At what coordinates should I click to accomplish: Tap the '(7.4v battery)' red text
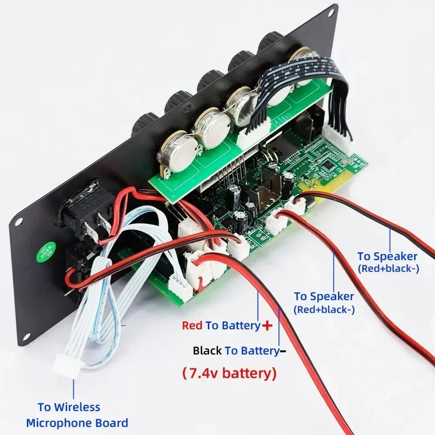(x=229, y=373)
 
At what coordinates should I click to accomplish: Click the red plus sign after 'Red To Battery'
(x=267, y=325)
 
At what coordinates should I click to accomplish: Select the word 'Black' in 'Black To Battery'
(x=207, y=351)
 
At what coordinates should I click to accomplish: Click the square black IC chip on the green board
(x=329, y=166)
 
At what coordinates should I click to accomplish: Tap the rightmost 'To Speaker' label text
(x=387, y=257)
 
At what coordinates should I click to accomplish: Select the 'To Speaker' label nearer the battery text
(x=324, y=297)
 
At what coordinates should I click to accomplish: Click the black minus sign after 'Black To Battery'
(x=283, y=351)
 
